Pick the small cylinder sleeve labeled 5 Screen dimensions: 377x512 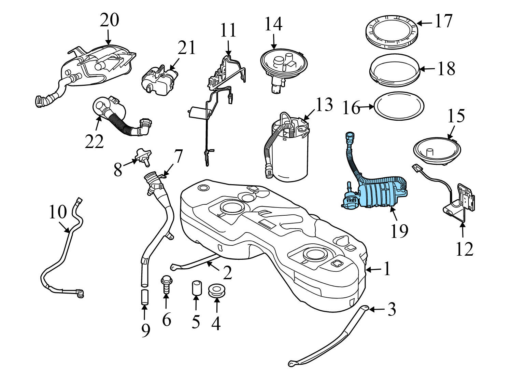[196, 287]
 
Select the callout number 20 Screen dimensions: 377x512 [109, 20]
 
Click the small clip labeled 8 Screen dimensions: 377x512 [141, 156]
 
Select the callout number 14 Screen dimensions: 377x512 [273, 25]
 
